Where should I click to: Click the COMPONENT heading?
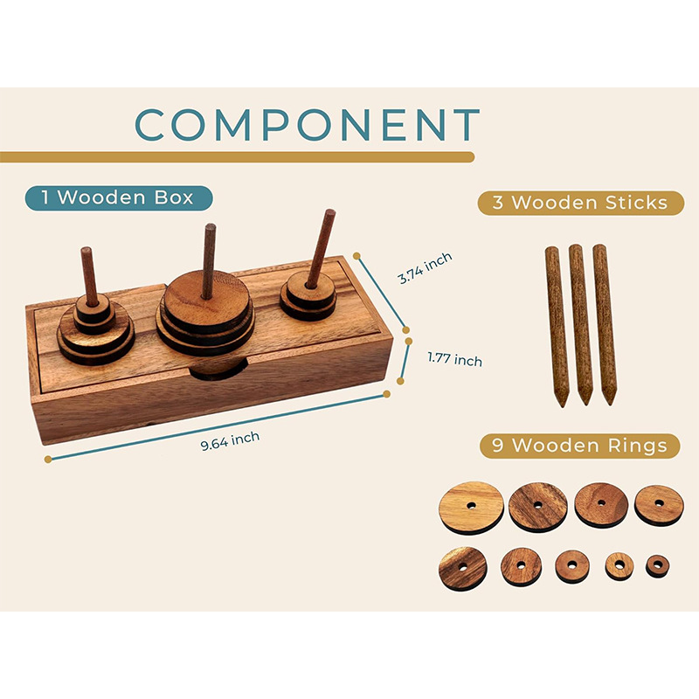308,124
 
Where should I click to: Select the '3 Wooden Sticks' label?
573,204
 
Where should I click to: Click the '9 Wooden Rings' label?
573,446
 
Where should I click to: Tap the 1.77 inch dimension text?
454,358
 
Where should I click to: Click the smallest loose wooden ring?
655,565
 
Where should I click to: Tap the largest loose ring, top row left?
472,506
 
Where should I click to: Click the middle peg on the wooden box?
209,260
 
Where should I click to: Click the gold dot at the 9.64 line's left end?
48,459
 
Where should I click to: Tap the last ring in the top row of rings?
658,504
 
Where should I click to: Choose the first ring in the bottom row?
462,566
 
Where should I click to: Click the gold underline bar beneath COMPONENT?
236,157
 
